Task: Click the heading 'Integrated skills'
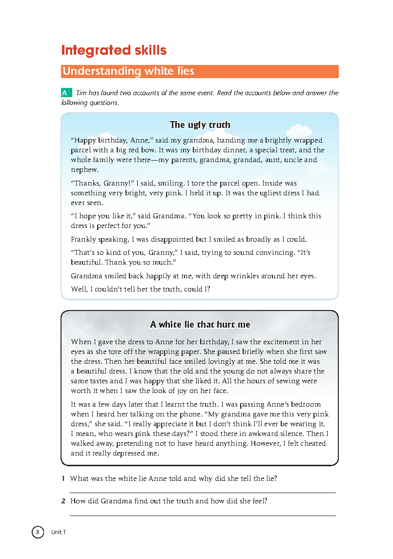pyautogui.click(x=114, y=50)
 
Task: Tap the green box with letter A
pyautogui.click(x=65, y=93)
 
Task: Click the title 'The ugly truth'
pyautogui.click(x=200, y=125)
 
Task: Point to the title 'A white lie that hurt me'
pyautogui.click(x=200, y=325)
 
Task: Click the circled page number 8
pyautogui.click(x=38, y=532)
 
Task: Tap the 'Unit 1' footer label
pyautogui.click(x=58, y=532)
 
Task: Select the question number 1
pyautogui.click(x=63, y=479)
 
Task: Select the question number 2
pyautogui.click(x=63, y=501)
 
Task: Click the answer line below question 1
pyautogui.click(x=203, y=493)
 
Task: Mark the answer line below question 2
pyautogui.click(x=203, y=515)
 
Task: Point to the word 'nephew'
pyautogui.click(x=84, y=170)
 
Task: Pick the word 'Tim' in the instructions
pyautogui.click(x=82, y=93)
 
